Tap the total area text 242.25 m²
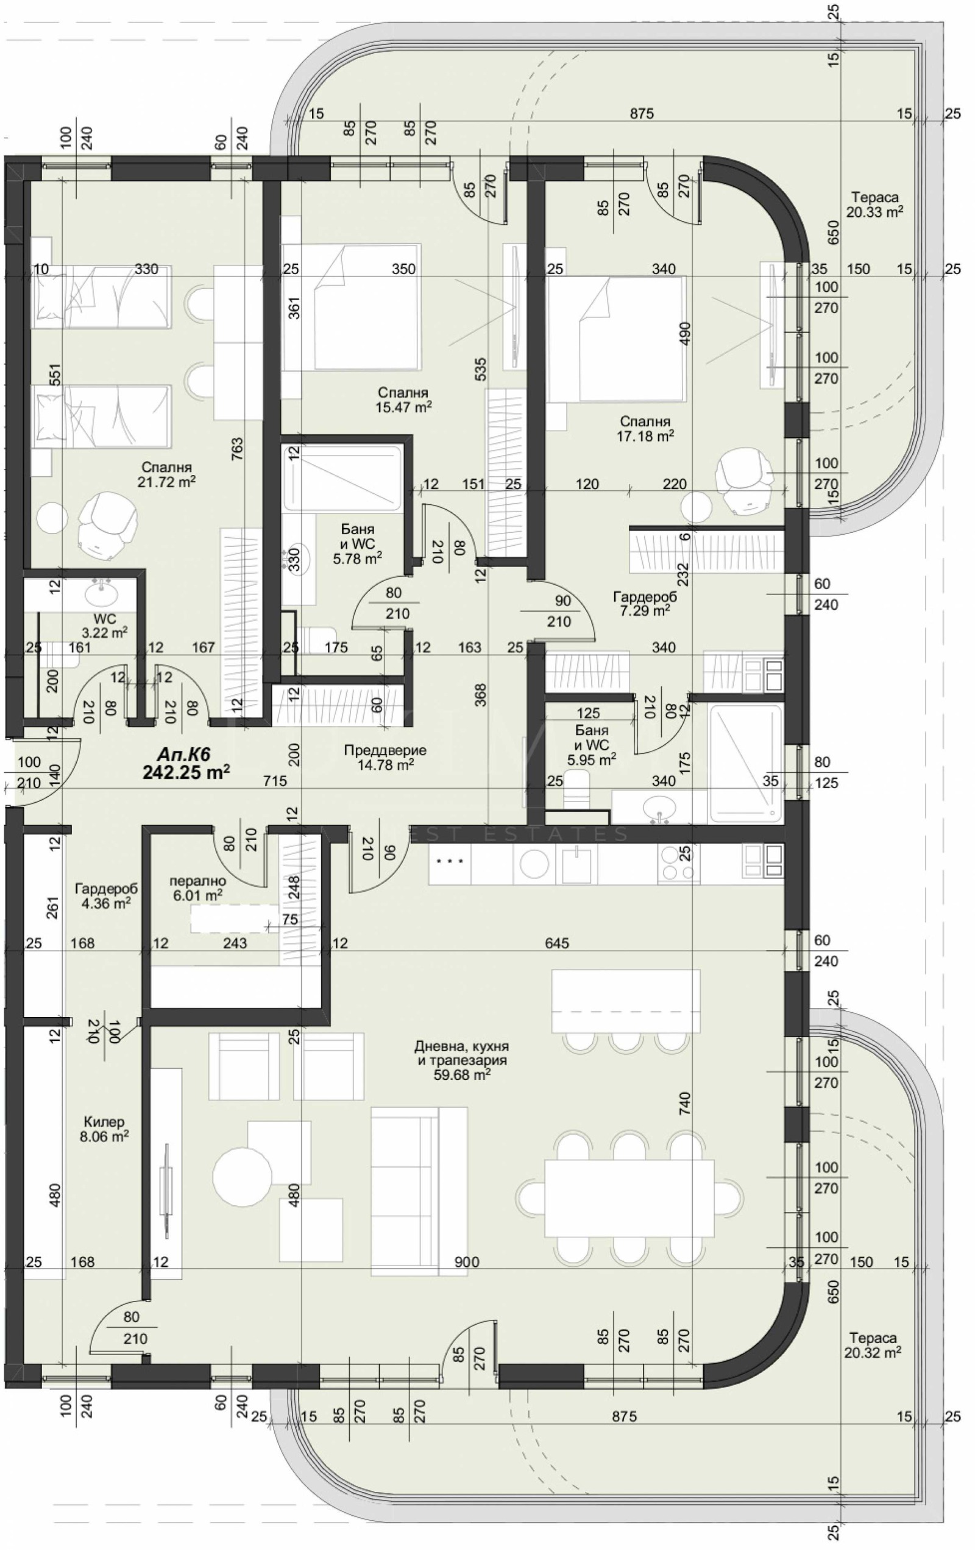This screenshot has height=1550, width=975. coord(186,772)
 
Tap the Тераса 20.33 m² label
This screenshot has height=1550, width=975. coord(874,205)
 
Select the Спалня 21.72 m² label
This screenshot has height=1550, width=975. coord(166,474)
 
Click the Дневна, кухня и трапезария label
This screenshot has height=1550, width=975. coord(461,1060)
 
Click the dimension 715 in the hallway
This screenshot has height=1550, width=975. coord(275,781)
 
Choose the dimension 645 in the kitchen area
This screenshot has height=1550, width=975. coord(556,943)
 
